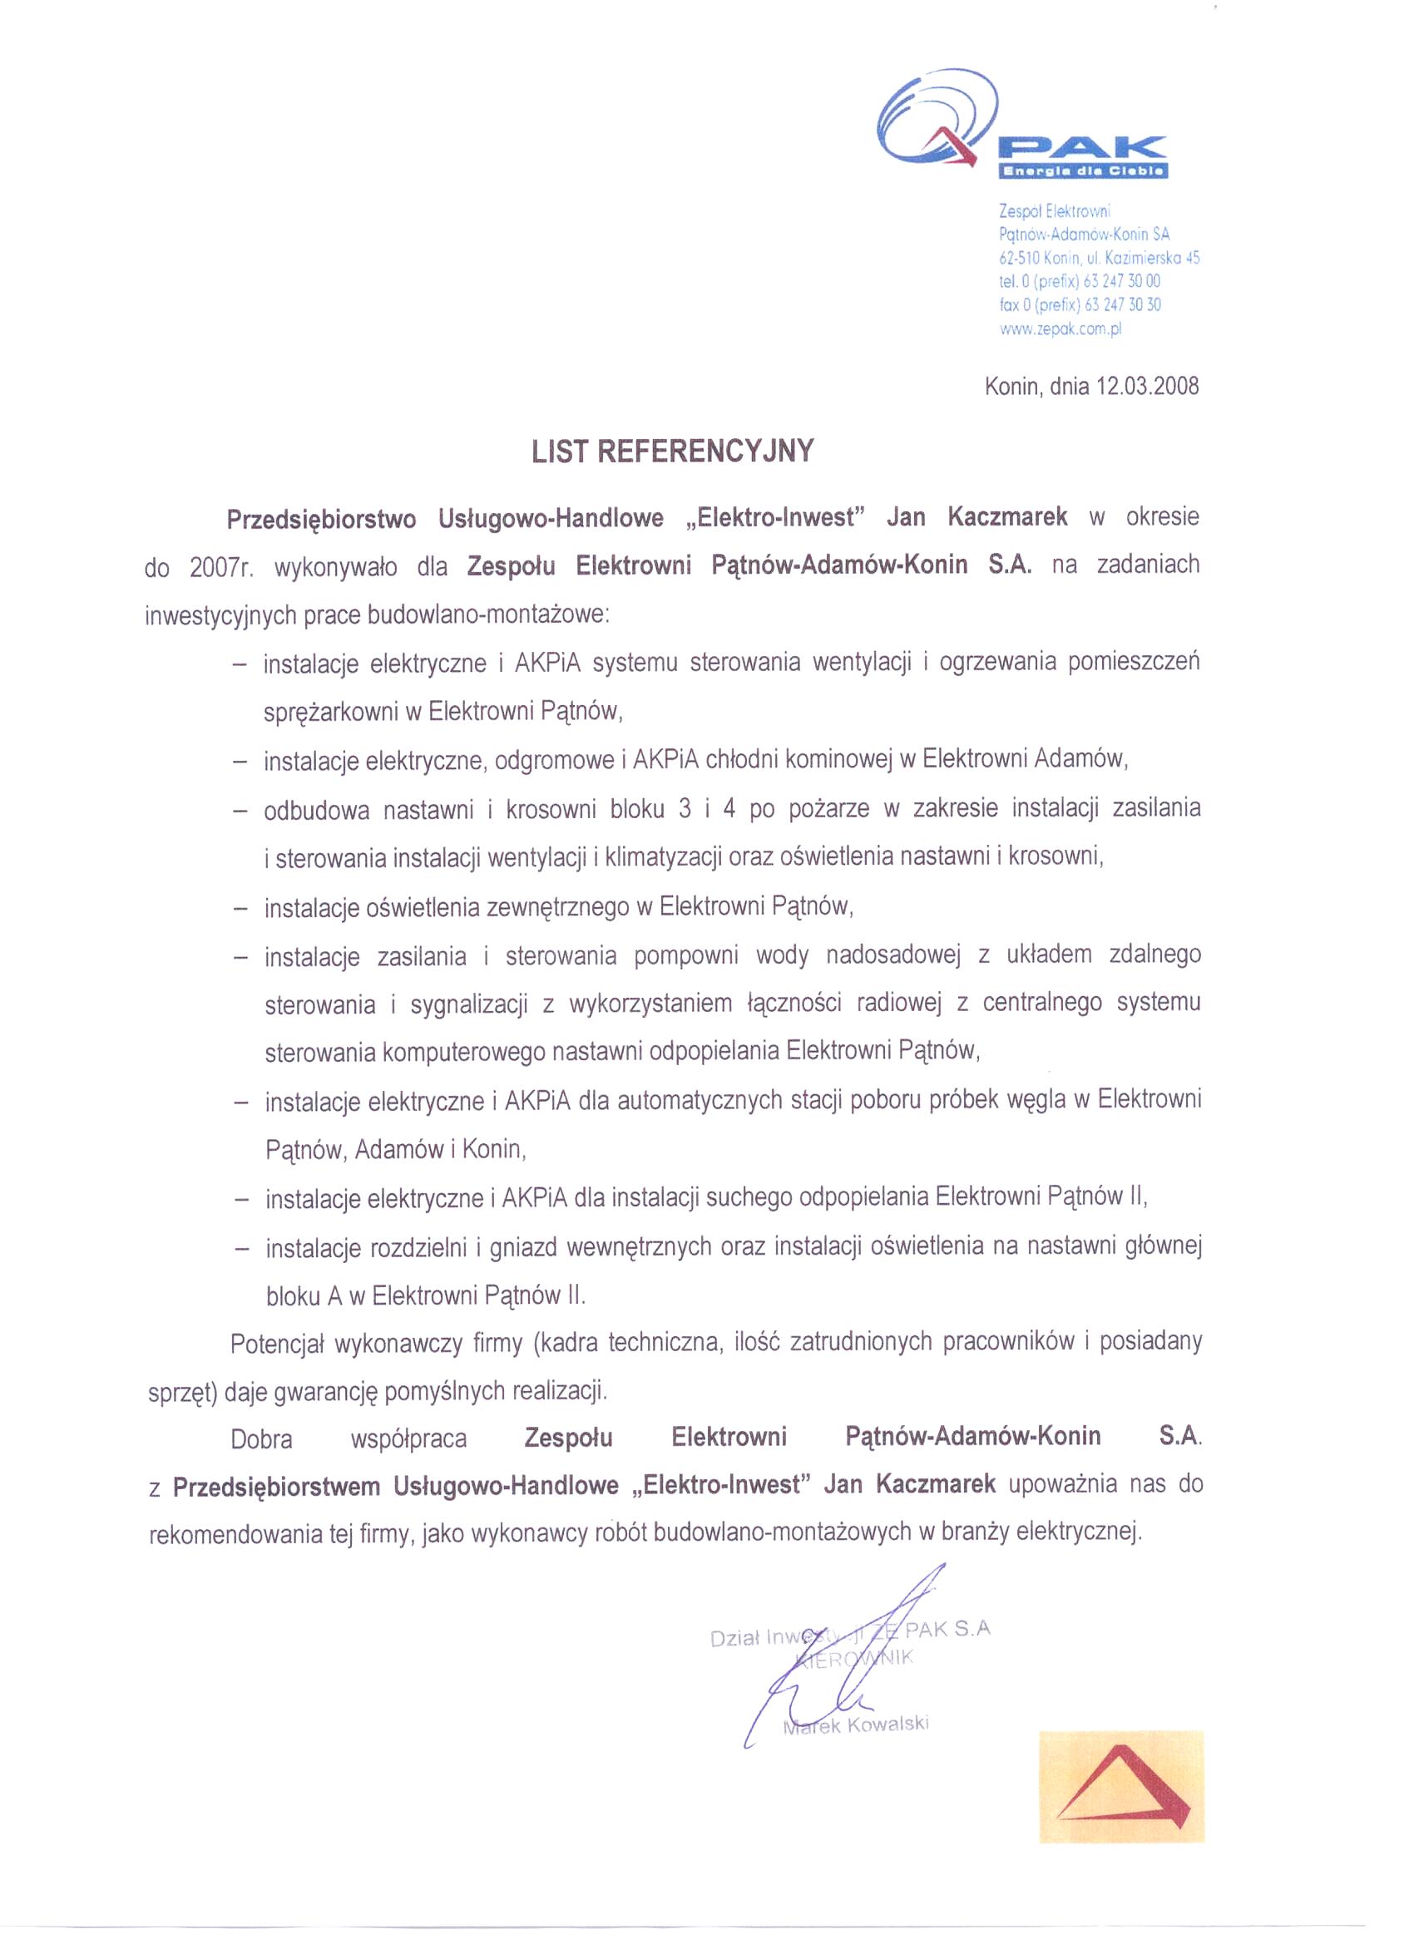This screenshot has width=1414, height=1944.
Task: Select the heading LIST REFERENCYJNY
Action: click(x=671, y=451)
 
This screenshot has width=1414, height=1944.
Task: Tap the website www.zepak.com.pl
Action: click(x=1060, y=328)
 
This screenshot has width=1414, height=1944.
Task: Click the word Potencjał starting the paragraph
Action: click(x=276, y=1344)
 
